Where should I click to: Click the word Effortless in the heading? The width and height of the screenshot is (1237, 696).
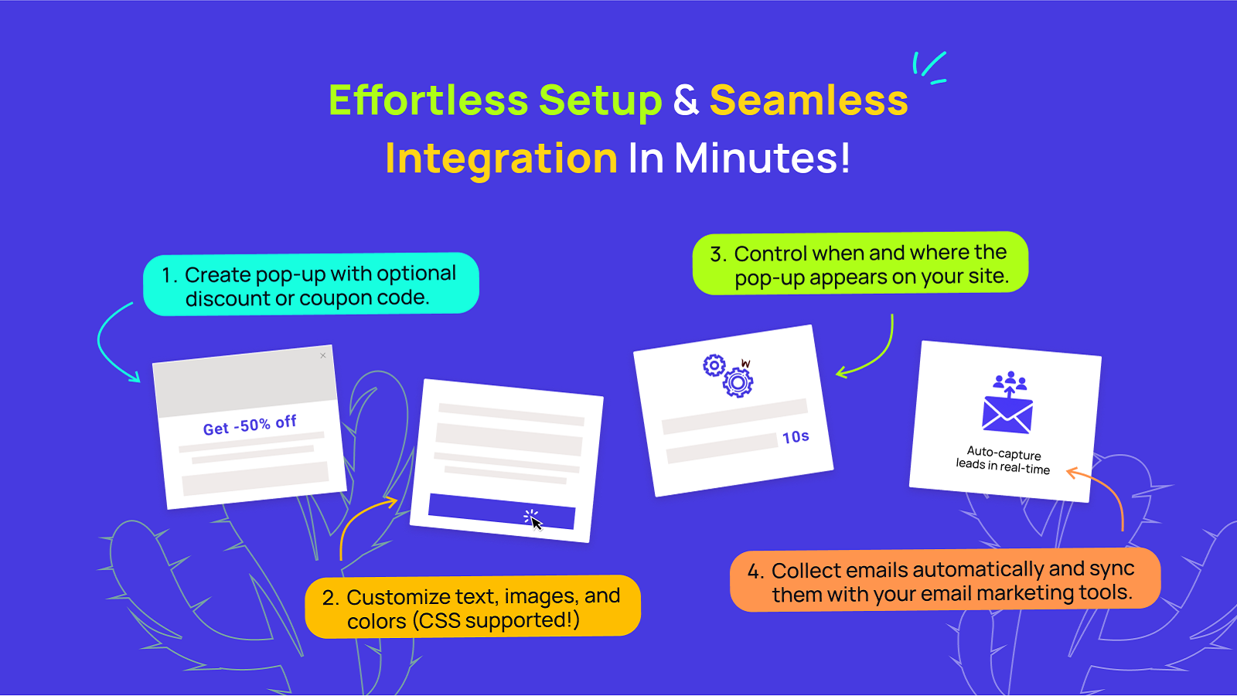pos(428,100)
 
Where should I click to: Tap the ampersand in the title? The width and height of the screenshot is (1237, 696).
pos(686,101)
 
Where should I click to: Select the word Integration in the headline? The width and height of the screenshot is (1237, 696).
pos(501,159)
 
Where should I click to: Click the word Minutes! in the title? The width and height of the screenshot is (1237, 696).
pos(762,158)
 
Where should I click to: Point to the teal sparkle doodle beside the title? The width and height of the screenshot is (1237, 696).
pos(930,68)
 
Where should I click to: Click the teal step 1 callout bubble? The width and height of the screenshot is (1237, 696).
pos(311,285)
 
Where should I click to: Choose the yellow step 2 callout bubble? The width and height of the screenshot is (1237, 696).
pos(472,606)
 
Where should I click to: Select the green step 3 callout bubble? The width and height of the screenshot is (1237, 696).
pos(860,264)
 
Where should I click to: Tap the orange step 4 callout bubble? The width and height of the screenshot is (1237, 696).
pos(945,580)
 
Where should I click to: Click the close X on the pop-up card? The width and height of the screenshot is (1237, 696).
pos(323,355)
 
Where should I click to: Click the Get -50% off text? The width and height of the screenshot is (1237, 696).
pos(250,425)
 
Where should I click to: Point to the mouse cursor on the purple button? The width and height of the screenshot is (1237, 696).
pos(533,520)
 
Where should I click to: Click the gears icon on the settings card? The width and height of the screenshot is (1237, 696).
pos(728,376)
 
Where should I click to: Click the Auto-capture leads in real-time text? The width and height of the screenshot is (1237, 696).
pos(1004,461)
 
